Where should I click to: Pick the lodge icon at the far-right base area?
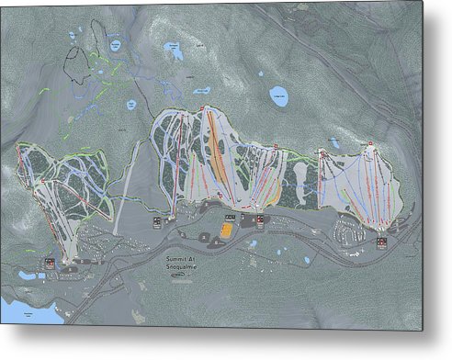381,242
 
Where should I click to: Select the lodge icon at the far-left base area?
49,264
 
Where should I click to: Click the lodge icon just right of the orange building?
260,219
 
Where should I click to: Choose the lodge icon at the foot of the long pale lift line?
157,221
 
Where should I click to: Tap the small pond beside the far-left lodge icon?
28,275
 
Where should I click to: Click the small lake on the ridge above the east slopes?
334,143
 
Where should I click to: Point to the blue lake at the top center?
172,48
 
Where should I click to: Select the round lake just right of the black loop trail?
116,43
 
